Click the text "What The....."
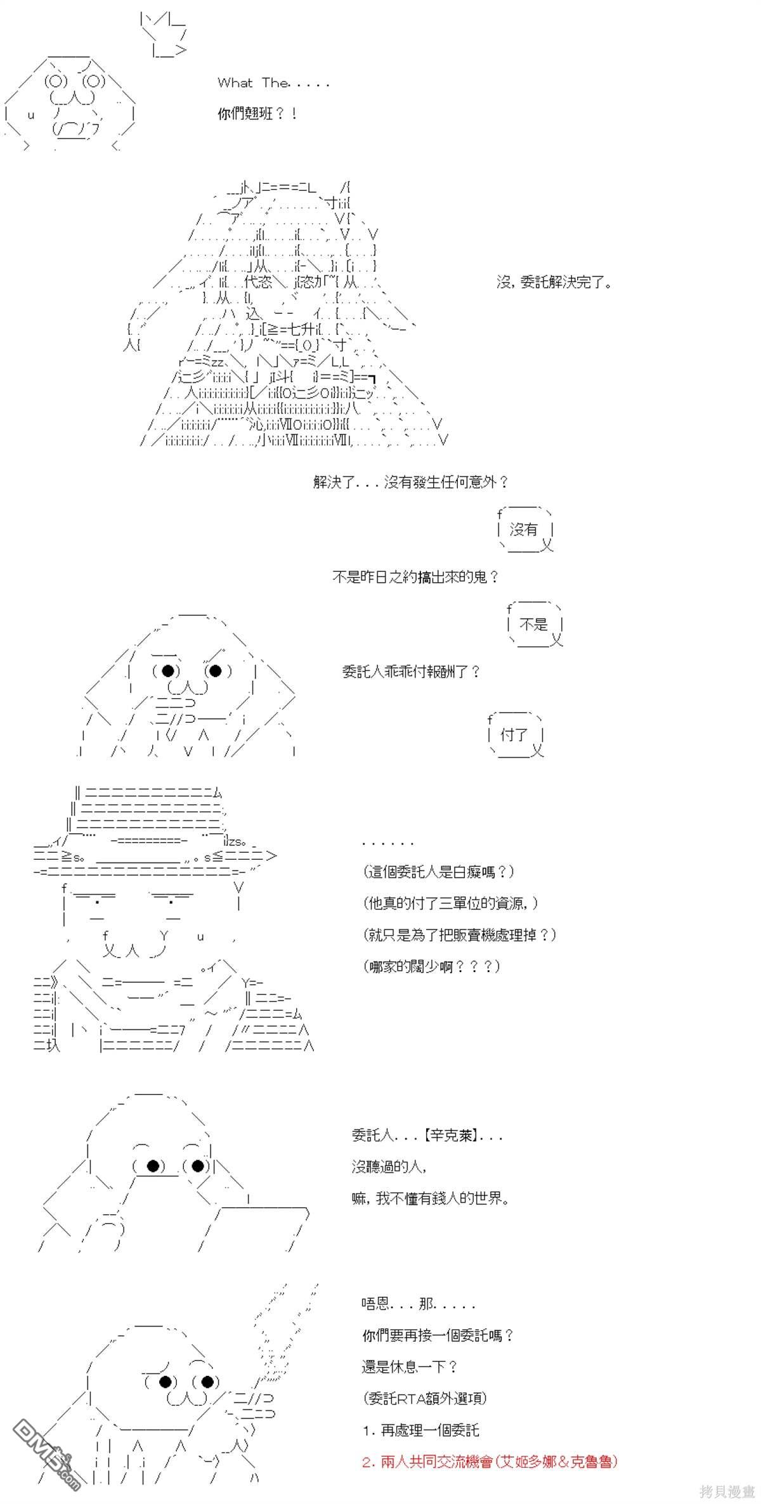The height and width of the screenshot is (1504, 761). tap(273, 83)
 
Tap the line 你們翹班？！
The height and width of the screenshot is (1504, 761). tap(257, 115)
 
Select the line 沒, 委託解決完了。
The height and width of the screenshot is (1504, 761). tap(554, 283)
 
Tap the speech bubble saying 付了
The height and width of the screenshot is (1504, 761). tap(514, 736)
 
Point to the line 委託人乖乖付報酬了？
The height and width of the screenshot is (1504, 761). tap(411, 672)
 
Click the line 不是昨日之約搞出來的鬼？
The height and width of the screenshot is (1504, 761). tap(415, 578)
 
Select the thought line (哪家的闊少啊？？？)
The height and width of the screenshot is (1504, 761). tap(432, 967)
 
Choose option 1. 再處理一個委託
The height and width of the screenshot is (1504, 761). tap(420, 1430)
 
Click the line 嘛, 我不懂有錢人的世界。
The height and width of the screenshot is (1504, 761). tap(431, 1199)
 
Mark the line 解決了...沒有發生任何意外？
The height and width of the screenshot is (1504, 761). tap(410, 483)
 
